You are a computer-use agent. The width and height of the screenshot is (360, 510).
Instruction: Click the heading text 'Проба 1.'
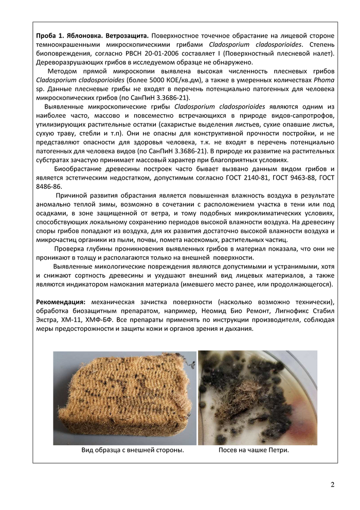click(x=50, y=36)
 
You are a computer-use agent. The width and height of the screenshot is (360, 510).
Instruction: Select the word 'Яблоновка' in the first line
click(x=85, y=36)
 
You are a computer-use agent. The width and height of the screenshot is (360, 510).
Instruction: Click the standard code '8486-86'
click(x=49, y=186)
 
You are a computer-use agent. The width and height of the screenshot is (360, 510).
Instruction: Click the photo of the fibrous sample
click(x=124, y=397)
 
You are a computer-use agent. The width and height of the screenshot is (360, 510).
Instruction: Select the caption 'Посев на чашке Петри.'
click(x=254, y=450)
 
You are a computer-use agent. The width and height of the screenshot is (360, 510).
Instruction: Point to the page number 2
click(x=332, y=484)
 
